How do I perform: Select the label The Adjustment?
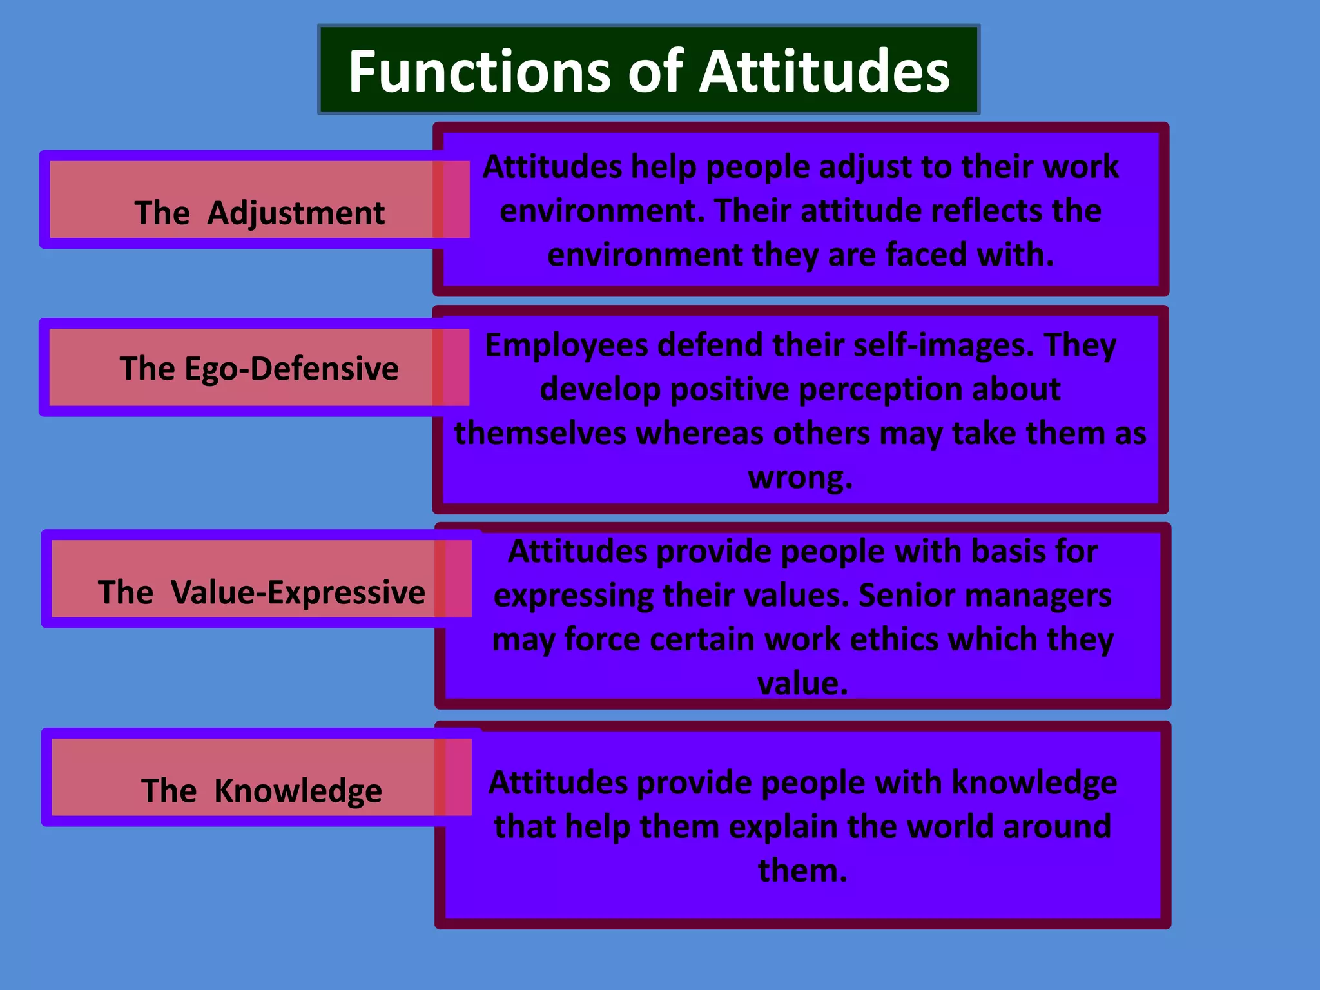[x=259, y=213]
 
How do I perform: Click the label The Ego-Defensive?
[x=259, y=369]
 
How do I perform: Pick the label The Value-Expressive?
[x=261, y=592]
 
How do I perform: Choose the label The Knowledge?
[x=261, y=790]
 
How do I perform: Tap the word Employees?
[x=566, y=345]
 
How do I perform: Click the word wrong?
[x=800, y=478]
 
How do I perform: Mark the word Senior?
[x=900, y=595]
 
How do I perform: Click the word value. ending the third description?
[x=802, y=683]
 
